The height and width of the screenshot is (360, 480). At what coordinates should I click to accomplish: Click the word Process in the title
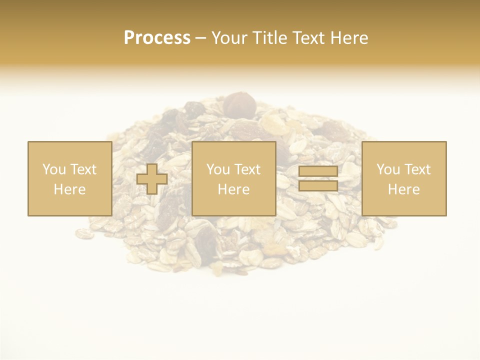[157, 38]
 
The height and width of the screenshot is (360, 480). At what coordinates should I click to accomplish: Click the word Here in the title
[349, 38]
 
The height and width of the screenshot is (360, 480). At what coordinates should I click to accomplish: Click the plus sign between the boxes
[152, 179]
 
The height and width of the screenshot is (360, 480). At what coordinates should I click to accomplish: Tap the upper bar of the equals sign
[318, 171]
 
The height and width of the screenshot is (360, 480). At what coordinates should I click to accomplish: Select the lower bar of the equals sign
[318, 186]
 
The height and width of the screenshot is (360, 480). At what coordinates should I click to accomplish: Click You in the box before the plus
[54, 169]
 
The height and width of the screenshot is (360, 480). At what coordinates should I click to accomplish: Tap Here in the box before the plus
[69, 189]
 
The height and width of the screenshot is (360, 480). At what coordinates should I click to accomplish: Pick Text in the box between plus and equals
[248, 169]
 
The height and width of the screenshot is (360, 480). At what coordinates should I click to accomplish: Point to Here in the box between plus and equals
[233, 189]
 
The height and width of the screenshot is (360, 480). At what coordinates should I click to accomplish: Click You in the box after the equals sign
[388, 169]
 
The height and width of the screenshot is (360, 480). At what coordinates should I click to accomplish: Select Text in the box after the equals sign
[418, 169]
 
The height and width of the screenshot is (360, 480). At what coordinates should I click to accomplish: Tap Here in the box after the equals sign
[404, 189]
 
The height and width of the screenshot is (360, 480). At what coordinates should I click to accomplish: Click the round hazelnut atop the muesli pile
[239, 104]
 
